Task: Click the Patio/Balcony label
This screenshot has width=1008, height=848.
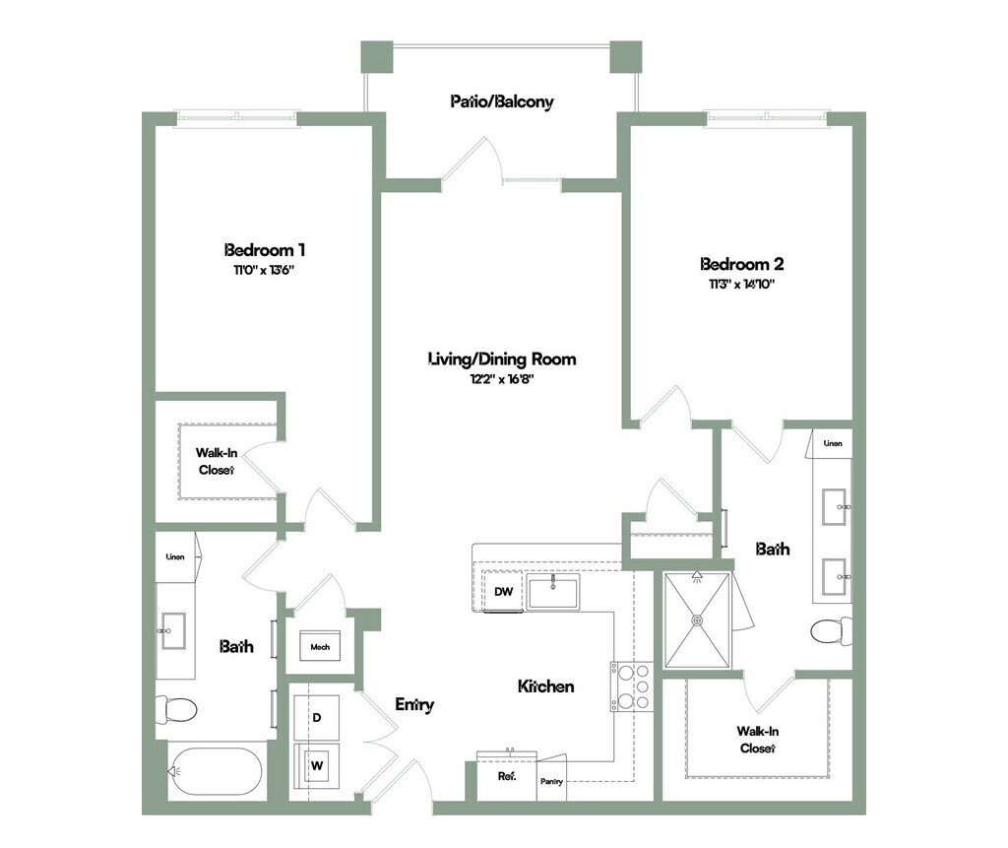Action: click(502, 101)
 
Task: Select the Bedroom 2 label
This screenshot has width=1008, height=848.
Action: click(741, 264)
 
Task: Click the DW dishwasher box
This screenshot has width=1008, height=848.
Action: click(504, 592)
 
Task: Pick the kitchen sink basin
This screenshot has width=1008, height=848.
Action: click(554, 594)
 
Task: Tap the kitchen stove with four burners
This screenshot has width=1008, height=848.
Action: click(631, 685)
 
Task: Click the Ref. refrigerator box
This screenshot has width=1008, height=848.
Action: click(506, 776)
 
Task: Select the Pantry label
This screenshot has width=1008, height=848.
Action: click(550, 782)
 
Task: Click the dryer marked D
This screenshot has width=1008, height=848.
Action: click(317, 718)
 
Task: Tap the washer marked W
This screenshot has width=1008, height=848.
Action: click(317, 764)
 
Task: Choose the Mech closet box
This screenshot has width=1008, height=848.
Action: click(320, 647)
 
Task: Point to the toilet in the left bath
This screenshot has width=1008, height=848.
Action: click(178, 708)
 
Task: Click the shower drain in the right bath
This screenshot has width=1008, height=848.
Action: click(698, 620)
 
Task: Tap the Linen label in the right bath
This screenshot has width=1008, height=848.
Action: click(833, 444)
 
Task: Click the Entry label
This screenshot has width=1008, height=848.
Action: click(414, 704)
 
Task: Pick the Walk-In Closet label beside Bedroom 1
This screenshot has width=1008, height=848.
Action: click(216, 461)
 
